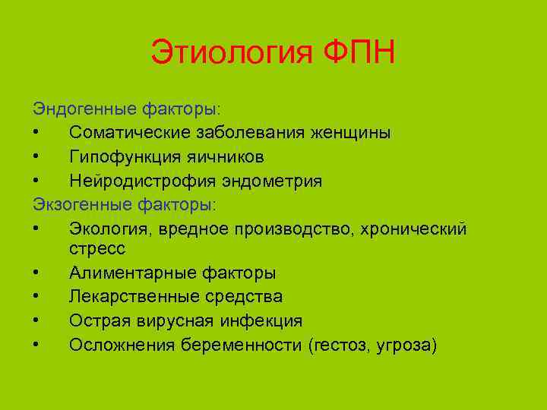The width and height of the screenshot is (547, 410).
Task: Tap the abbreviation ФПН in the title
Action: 359,54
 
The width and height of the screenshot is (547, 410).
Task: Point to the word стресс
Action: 97,249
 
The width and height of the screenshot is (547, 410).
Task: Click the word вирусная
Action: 166,321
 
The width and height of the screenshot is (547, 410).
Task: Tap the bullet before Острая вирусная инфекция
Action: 37,321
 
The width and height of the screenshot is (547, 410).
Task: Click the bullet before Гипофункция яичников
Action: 37,157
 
